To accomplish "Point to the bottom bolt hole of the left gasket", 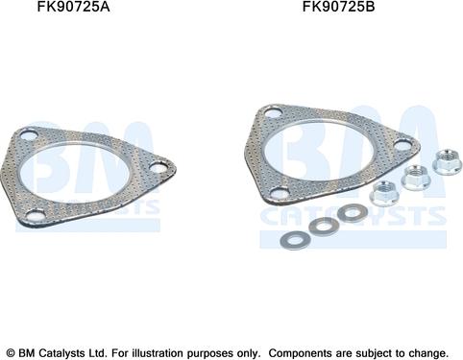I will [x=36, y=216].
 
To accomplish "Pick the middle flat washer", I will [x=324, y=225].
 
